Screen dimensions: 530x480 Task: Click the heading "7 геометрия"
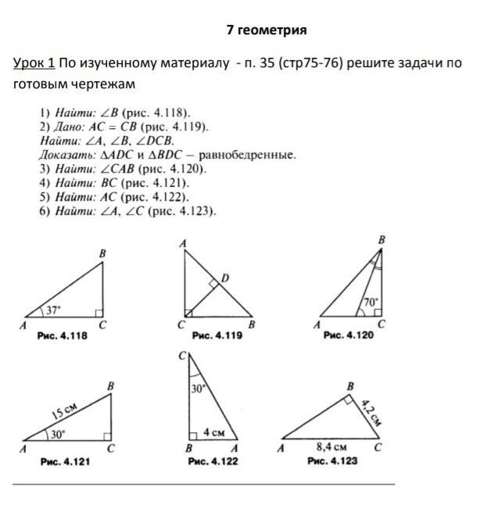click(x=267, y=30)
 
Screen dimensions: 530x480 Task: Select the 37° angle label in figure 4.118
click(x=52, y=310)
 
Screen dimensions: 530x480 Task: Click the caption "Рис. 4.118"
click(x=62, y=335)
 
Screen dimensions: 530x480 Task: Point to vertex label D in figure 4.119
click(x=225, y=278)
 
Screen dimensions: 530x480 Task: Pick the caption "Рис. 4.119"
click(x=217, y=335)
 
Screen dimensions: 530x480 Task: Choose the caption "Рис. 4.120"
click(x=349, y=335)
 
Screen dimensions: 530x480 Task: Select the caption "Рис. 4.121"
click(x=65, y=462)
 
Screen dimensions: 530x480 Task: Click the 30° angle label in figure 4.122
click(x=198, y=389)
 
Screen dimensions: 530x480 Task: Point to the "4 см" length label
click(x=214, y=432)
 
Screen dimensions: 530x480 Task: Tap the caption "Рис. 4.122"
click(x=213, y=462)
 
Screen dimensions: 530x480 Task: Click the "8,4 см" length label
click(x=331, y=448)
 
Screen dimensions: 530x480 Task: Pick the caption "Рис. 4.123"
click(x=332, y=462)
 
